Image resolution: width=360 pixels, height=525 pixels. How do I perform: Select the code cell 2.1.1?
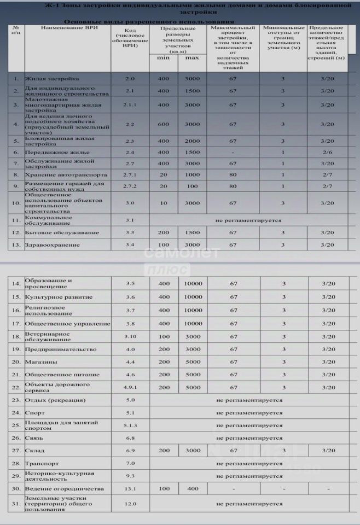[x=129, y=104]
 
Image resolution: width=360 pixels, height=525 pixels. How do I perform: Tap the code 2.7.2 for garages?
[x=129, y=186]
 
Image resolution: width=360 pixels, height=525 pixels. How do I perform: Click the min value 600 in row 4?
[x=164, y=124]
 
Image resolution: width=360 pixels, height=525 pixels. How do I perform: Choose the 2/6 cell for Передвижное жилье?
[x=327, y=152]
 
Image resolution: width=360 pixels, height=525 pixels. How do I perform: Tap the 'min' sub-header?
[x=164, y=57]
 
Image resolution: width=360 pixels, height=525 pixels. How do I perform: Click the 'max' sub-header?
[x=192, y=57]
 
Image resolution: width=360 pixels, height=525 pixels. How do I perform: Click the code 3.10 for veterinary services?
[x=130, y=336]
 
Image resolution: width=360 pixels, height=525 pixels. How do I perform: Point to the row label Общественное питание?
[x=62, y=375]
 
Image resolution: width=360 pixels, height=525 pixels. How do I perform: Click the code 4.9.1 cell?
[x=130, y=388]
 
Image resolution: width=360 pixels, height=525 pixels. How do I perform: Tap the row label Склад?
[x=34, y=451]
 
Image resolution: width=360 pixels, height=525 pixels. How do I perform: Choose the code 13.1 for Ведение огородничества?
[x=130, y=489]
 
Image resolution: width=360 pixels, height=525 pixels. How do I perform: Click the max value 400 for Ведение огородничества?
[x=192, y=489]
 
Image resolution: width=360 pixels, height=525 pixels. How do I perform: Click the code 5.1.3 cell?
[x=130, y=425]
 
